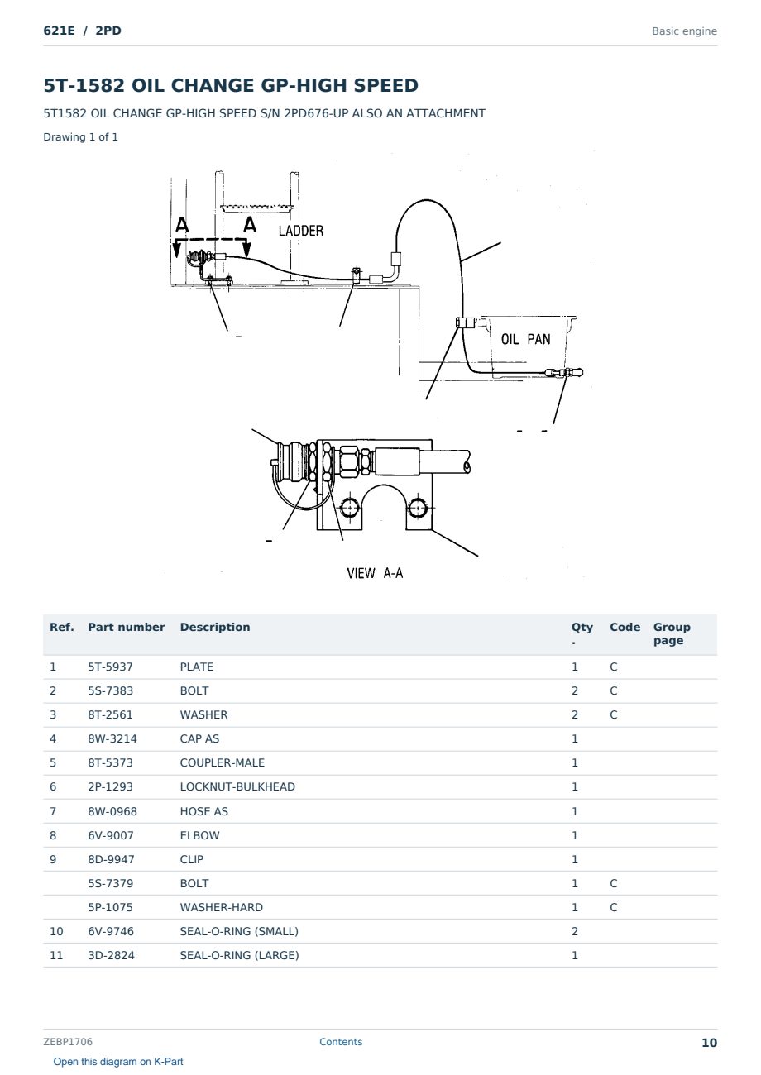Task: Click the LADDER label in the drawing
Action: [301, 231]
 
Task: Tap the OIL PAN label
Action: [526, 339]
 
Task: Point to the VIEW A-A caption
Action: [375, 573]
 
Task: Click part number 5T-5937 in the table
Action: [110, 666]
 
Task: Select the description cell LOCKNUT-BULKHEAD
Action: [237, 786]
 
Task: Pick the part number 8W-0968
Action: [112, 811]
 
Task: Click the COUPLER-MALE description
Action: [222, 762]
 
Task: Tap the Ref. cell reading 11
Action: [56, 955]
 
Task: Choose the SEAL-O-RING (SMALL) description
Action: [239, 931]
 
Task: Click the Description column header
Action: [214, 627]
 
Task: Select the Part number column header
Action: [126, 627]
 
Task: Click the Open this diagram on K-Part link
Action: [118, 1062]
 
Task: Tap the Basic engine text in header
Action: [684, 31]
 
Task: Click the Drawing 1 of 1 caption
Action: [80, 136]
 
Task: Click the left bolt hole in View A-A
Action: [350, 508]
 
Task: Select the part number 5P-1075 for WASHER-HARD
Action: [111, 907]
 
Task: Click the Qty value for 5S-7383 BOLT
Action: [575, 690]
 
